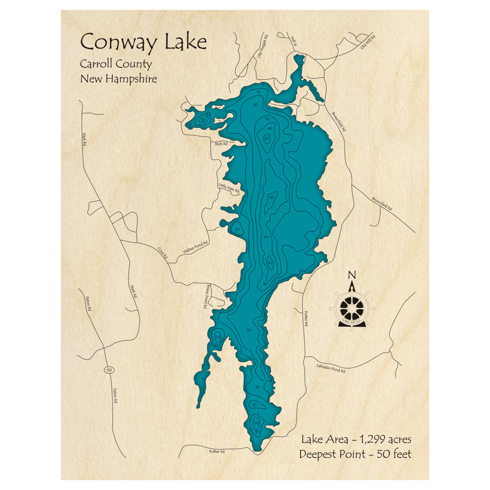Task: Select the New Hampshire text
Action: click(x=119, y=79)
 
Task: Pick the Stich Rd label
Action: click(x=221, y=144)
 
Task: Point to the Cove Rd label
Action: click(x=163, y=253)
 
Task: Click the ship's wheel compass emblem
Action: click(x=351, y=308)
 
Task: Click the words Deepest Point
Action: click(x=332, y=454)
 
